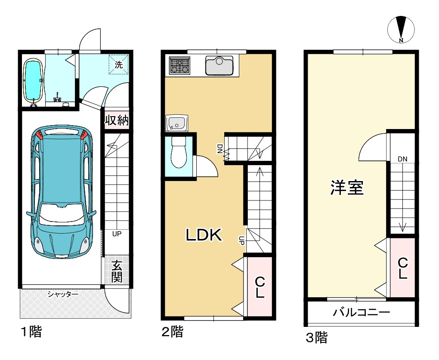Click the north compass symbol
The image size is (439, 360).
tap(401, 29)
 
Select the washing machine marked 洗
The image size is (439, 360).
tap(119, 65)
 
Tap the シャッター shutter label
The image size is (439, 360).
tap(63, 295)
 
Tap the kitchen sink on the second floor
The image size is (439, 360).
tap(219, 66)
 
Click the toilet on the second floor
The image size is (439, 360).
tap(178, 153)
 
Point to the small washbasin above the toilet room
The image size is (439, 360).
tap(176, 123)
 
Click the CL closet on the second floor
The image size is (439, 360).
tap(260, 287)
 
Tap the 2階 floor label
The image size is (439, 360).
tap(173, 332)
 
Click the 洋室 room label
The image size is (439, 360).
tap(347, 188)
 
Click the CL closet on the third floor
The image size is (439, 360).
tap(402, 268)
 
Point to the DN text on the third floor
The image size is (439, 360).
tap(402, 159)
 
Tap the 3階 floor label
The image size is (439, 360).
tap(317, 337)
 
